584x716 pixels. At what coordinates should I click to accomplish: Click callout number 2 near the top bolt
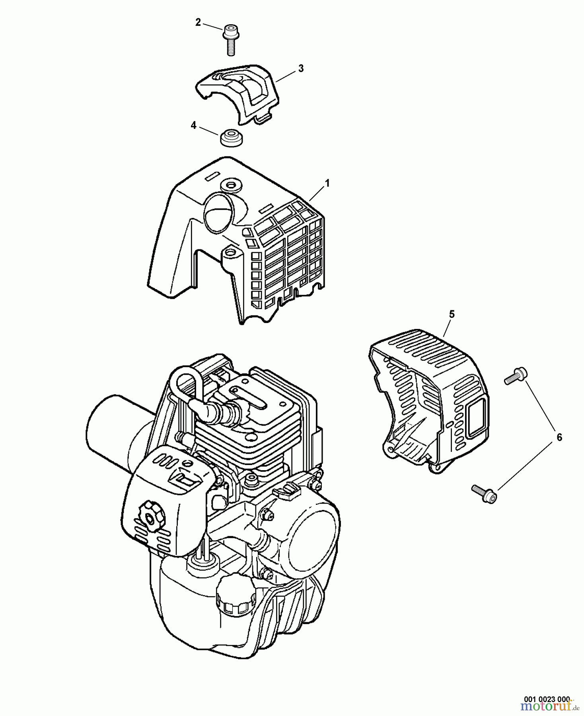tap(198, 23)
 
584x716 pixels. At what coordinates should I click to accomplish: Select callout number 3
tap(301, 68)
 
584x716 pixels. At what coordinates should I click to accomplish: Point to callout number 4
tap(194, 126)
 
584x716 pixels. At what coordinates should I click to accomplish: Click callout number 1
tap(327, 183)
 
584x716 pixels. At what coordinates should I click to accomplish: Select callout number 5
tap(452, 314)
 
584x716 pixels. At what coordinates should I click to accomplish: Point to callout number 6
tap(559, 438)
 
